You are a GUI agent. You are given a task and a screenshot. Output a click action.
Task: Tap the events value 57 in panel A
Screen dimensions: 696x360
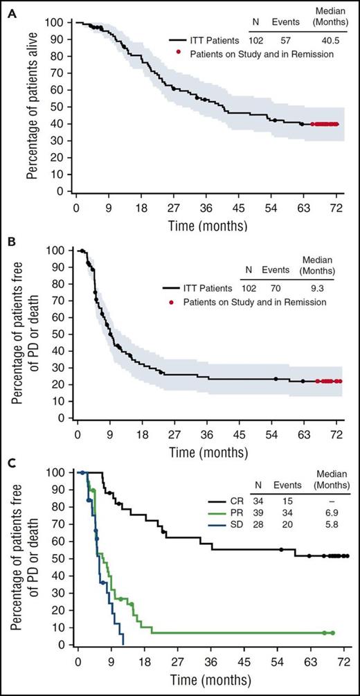pos(285,42)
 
